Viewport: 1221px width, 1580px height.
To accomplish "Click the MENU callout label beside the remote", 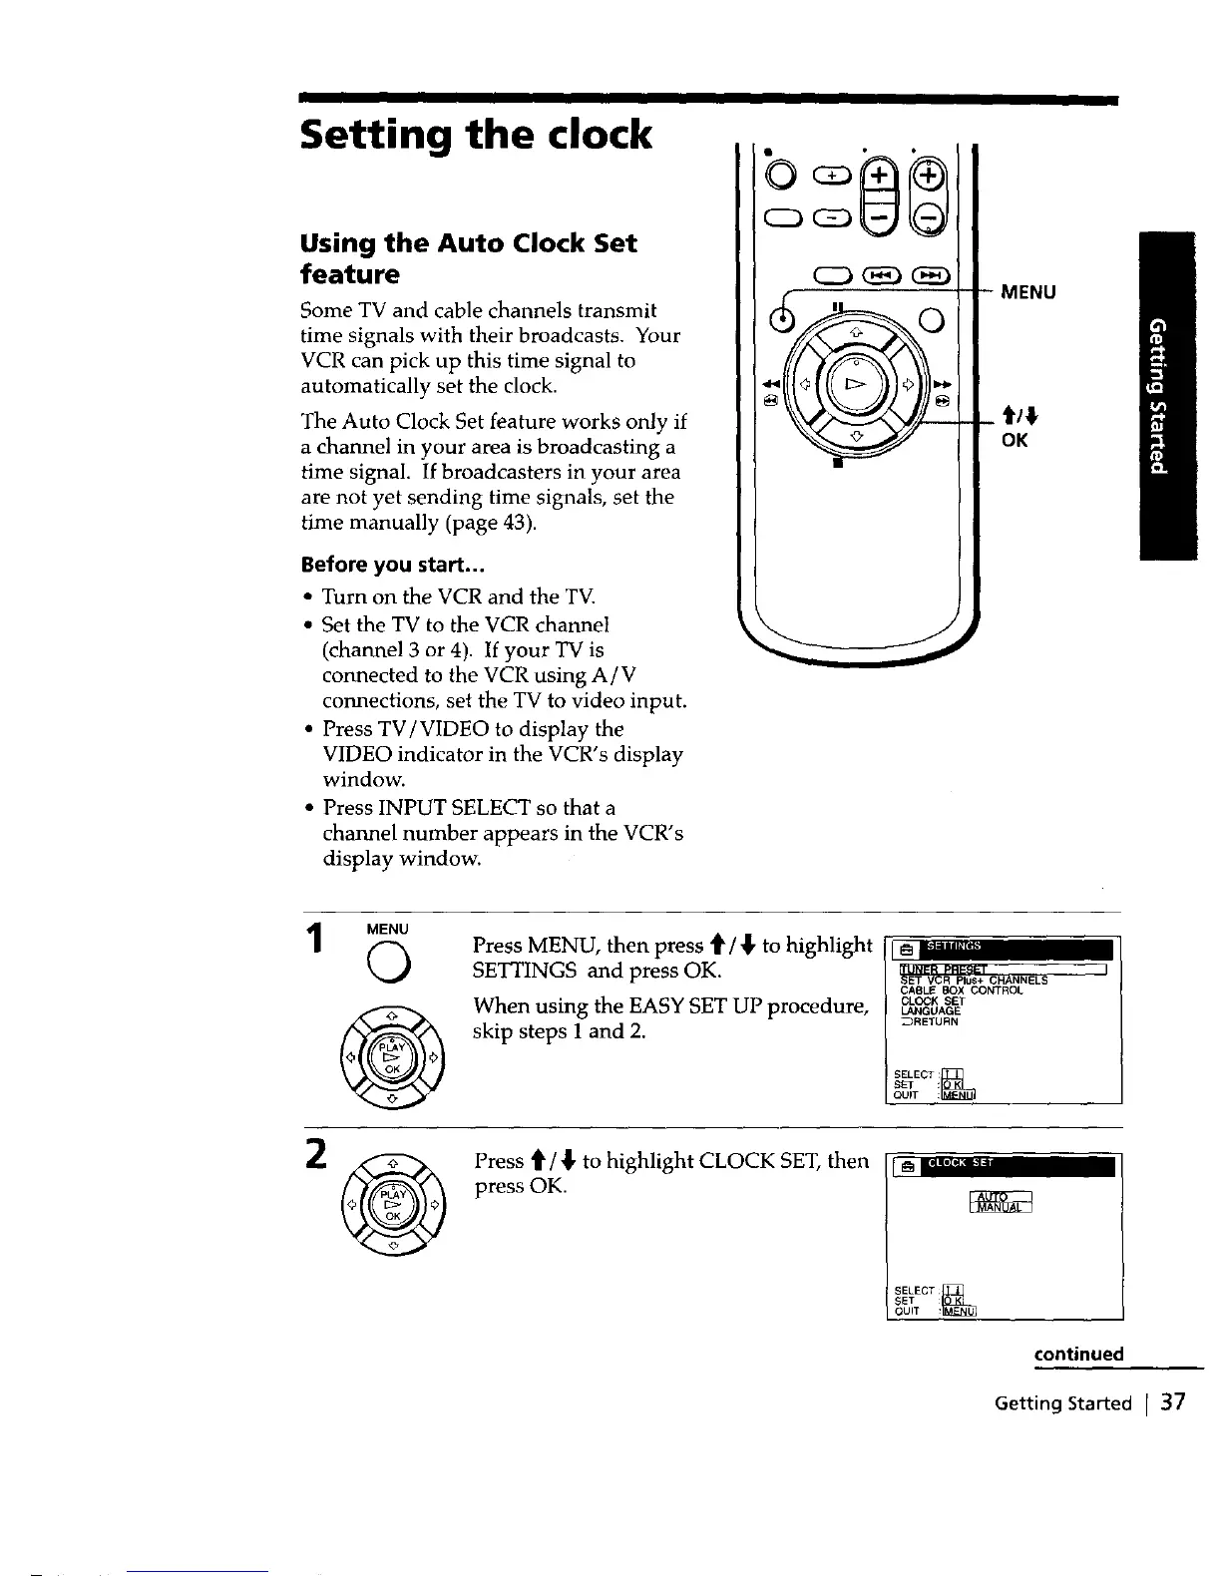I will (1027, 292).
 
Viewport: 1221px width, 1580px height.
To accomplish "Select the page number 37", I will (1173, 1402).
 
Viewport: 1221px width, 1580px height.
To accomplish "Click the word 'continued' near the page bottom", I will (1078, 1354).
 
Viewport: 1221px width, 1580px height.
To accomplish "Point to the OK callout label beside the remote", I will (1014, 440).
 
